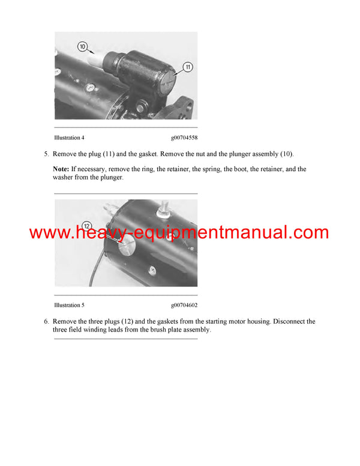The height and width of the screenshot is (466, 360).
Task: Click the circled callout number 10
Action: pos(82,46)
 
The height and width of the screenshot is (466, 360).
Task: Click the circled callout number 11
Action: pos(187,67)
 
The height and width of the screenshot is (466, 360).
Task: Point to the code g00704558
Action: pos(184,138)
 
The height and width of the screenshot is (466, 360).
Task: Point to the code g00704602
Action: pos(184,305)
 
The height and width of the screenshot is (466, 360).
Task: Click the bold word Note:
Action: pos(61,169)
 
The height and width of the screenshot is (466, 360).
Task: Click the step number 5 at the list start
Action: pos(46,154)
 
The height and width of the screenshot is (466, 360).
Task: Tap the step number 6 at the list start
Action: pos(46,322)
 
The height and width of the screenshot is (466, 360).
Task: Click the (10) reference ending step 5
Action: pos(286,154)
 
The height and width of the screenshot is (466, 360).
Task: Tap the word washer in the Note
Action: pos(63,178)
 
